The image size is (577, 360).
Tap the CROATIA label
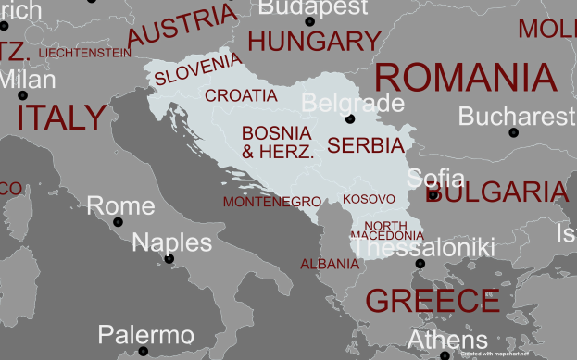[x=241, y=95]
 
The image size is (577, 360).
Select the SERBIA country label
[x=366, y=145]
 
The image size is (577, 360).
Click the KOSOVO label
[x=369, y=199]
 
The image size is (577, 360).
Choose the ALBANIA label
[x=329, y=264]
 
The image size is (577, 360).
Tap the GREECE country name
[x=433, y=301]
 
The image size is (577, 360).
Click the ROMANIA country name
[x=466, y=77]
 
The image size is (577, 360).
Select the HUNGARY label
[x=315, y=42]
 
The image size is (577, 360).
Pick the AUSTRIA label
[x=182, y=25]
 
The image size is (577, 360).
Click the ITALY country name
[x=61, y=118]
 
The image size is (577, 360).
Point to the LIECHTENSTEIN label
[x=84, y=53]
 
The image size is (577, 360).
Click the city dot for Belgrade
[x=350, y=119]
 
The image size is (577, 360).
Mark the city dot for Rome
[x=118, y=222]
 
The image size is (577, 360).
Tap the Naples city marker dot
[x=169, y=259]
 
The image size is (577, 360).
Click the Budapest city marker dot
[x=309, y=21]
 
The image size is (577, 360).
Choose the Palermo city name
[x=146, y=335]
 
